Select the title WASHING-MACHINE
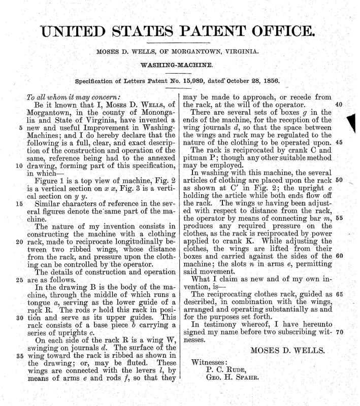[x=180, y=66]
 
